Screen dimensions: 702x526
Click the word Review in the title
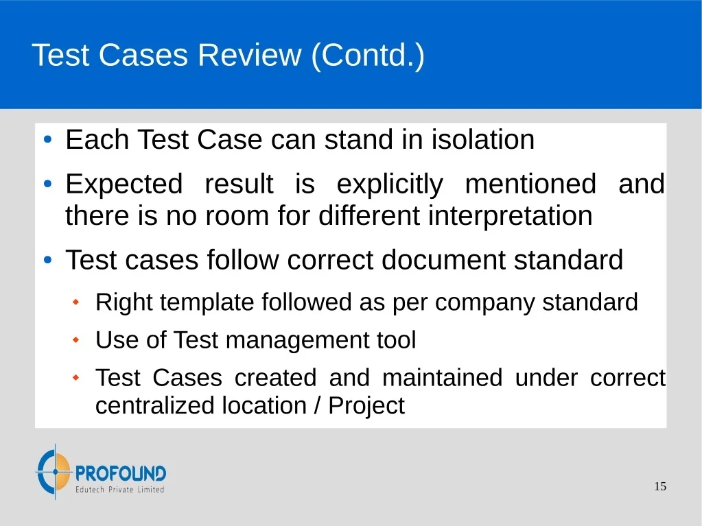(249, 55)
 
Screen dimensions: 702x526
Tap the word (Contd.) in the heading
(368, 56)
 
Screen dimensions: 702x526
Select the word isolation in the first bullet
(483, 139)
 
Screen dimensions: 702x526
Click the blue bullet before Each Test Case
(48, 139)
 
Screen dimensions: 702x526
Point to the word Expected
(124, 184)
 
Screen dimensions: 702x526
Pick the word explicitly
(390, 184)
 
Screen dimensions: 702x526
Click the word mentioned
(530, 184)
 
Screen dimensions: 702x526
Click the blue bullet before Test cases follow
(48, 260)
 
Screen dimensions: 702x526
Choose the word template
(207, 302)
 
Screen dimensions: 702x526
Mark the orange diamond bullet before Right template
(75, 302)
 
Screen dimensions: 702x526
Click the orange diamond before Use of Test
(75, 340)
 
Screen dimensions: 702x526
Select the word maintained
(443, 377)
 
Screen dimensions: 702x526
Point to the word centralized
(155, 406)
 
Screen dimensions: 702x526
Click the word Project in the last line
(366, 406)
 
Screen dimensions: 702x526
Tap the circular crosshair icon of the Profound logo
(54, 471)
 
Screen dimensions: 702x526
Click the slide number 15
(660, 486)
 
